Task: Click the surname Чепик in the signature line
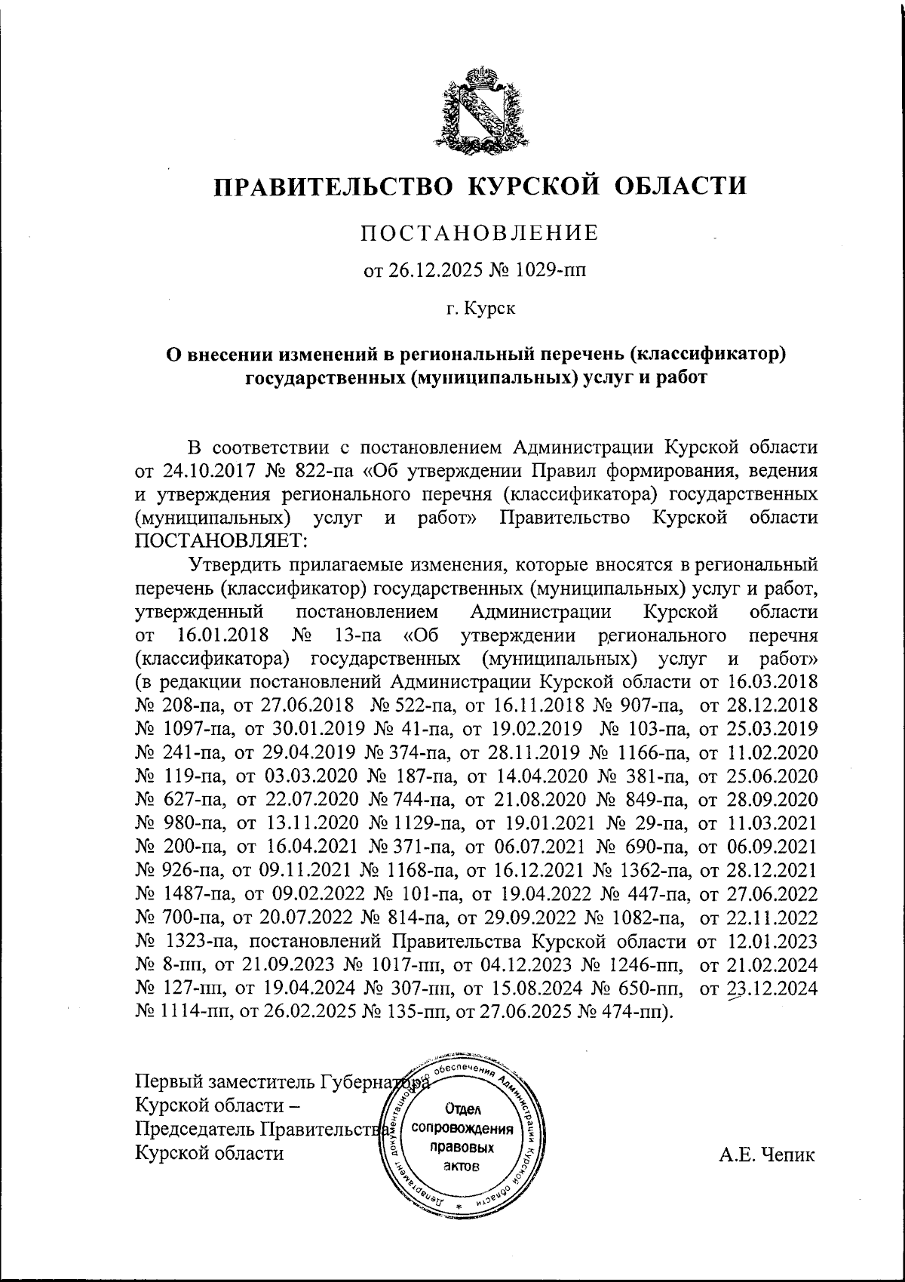(x=789, y=1154)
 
